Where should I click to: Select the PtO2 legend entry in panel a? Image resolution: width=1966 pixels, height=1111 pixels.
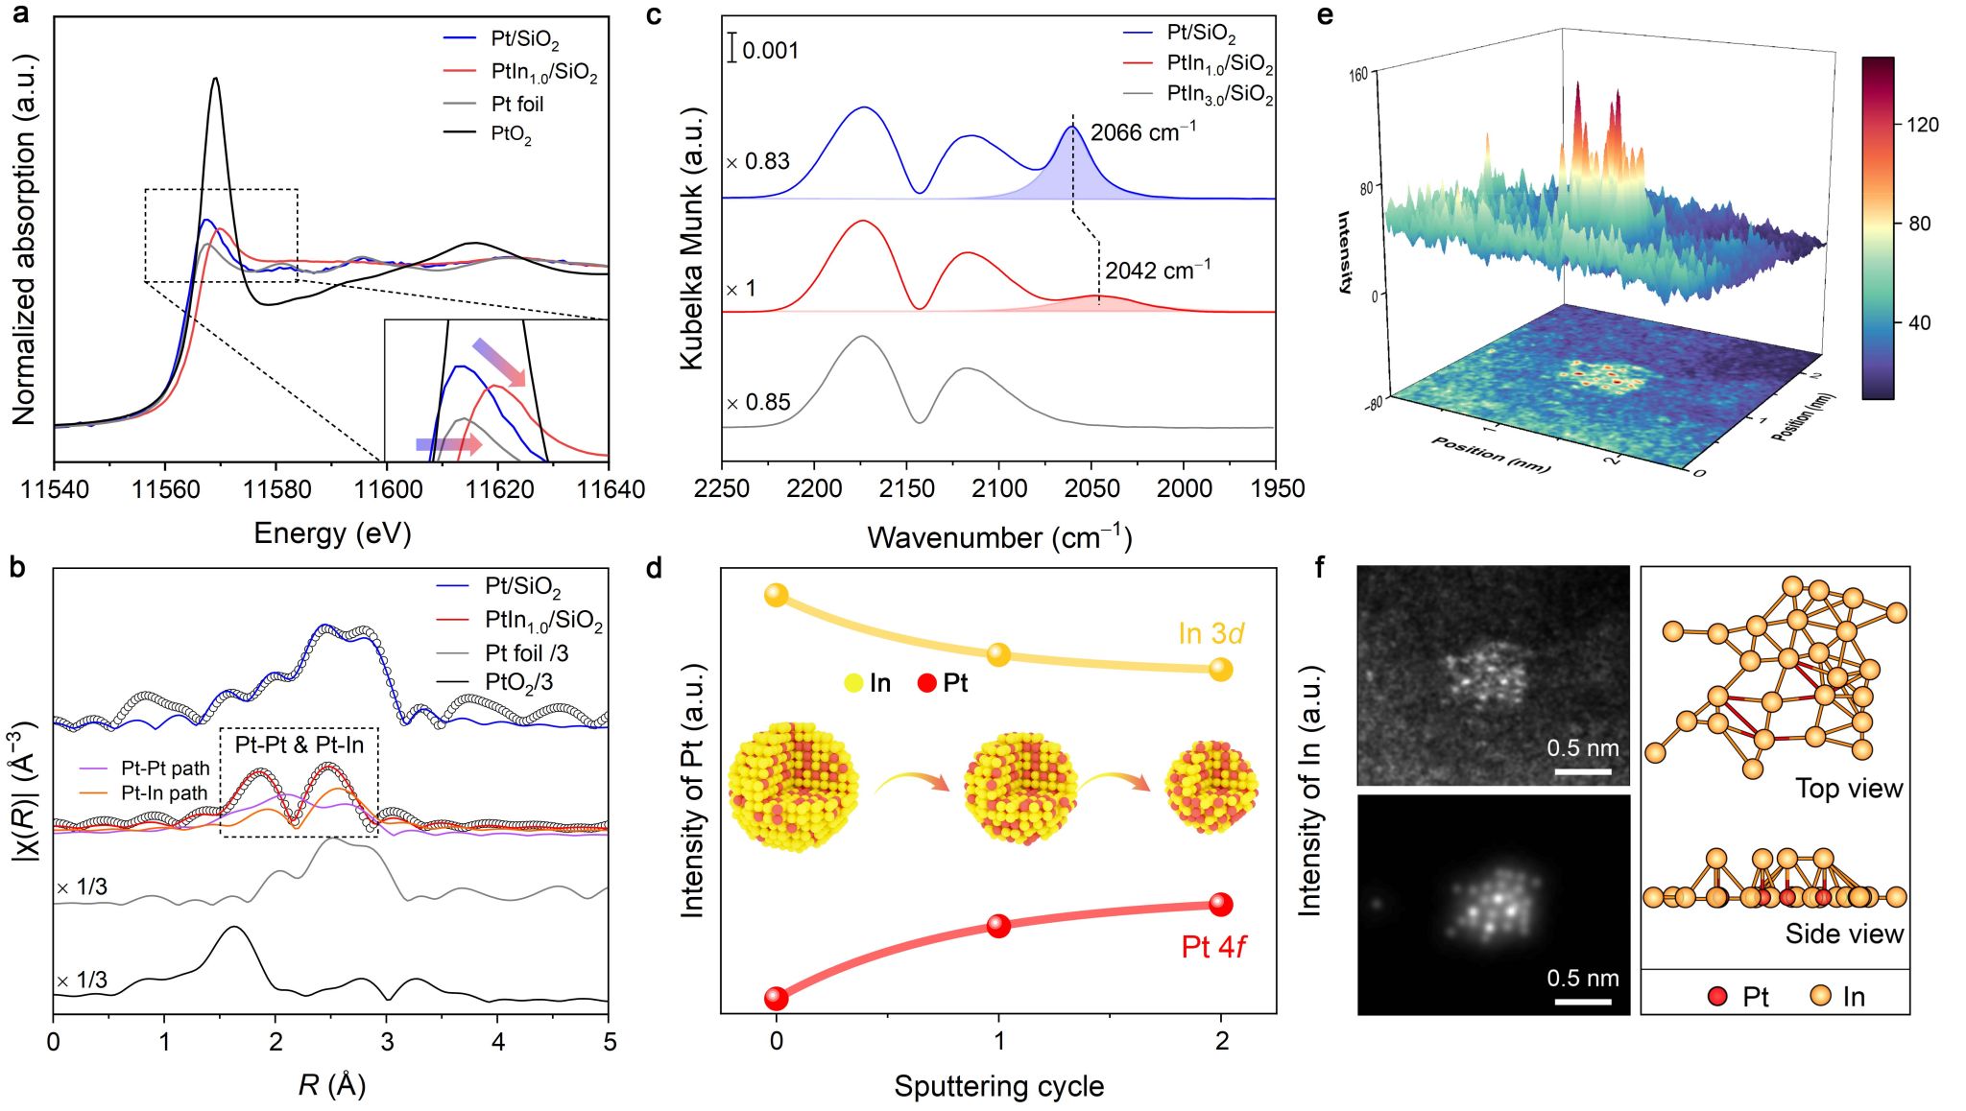[511, 133]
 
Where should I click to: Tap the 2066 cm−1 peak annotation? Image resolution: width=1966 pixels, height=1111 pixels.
[1142, 132]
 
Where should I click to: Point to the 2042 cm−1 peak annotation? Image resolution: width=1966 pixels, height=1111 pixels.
[1157, 271]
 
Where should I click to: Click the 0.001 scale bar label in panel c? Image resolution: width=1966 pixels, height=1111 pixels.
[770, 50]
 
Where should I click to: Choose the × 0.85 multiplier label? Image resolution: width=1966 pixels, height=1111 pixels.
[758, 402]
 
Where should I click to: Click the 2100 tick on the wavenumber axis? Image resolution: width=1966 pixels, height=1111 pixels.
[998, 489]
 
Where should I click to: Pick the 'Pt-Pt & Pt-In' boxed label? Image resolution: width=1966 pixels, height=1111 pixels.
[300, 745]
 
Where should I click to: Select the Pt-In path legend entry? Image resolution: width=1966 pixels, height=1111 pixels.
[164, 792]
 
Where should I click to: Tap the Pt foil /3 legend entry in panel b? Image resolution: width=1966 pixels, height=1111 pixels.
[526, 653]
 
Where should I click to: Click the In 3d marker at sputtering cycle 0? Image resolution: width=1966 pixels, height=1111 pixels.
[776, 595]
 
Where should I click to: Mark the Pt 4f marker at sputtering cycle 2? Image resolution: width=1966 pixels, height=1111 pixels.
[1220, 904]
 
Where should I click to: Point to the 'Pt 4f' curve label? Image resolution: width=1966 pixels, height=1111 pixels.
[1212, 947]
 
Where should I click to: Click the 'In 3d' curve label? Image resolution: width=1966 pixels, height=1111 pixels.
[1211, 634]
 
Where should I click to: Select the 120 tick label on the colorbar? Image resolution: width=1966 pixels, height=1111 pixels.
[1923, 125]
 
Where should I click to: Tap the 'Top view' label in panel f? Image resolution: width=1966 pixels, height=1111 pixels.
[1848, 789]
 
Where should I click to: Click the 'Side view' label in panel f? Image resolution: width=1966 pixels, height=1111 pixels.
[1843, 934]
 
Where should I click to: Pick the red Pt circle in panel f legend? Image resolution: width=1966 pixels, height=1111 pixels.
[1718, 996]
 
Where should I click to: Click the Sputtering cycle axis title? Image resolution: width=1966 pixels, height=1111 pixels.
[998, 1086]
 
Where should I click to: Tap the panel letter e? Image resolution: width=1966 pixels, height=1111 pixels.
[1326, 15]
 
